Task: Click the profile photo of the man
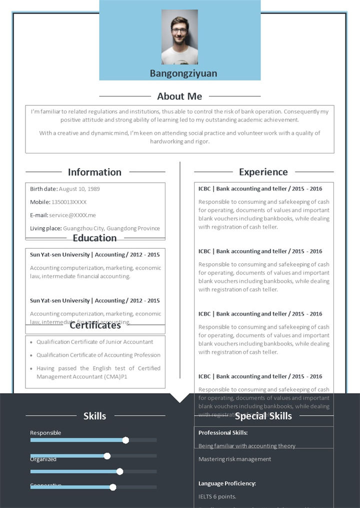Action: coord(179,37)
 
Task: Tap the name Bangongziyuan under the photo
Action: coord(183,73)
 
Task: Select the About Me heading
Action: coord(179,96)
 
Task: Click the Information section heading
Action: coord(94,172)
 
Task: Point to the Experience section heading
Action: coord(263,172)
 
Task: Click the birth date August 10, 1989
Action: coord(79,189)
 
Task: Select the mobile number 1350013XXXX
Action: coord(69,202)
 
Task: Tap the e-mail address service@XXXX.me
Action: coord(72,215)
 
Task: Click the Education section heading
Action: coord(94,238)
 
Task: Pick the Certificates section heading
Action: coord(95,326)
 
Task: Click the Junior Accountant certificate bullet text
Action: coord(94,342)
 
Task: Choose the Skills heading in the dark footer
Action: coord(94,416)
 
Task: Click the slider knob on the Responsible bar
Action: coord(125,440)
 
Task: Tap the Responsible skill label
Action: coord(45,433)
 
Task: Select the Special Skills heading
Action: coord(263,416)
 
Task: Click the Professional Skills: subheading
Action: coord(223,433)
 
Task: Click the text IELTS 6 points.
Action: coord(217,497)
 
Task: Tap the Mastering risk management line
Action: coord(234,459)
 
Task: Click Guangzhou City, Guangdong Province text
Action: coord(111,228)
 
